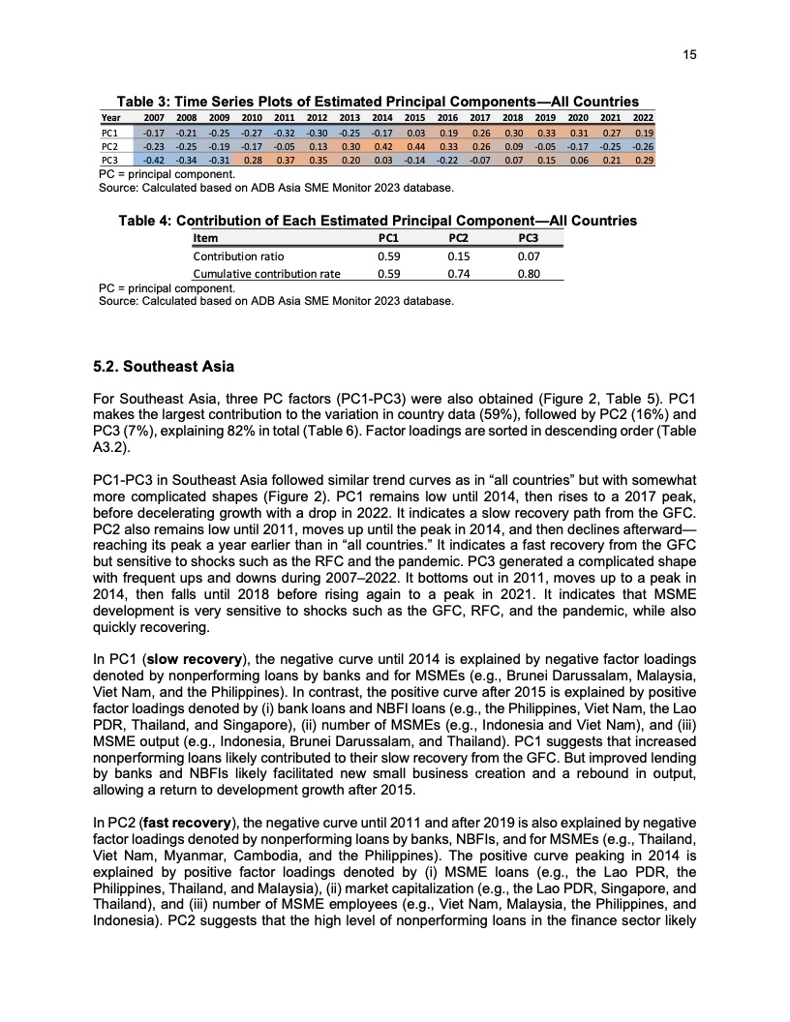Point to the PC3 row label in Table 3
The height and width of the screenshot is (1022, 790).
[x=110, y=159]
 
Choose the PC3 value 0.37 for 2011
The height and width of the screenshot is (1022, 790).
[x=285, y=159]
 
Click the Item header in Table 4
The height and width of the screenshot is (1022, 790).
[x=205, y=238]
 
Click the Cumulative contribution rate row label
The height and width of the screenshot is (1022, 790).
[x=266, y=274]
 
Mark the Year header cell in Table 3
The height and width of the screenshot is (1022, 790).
[x=111, y=118]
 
